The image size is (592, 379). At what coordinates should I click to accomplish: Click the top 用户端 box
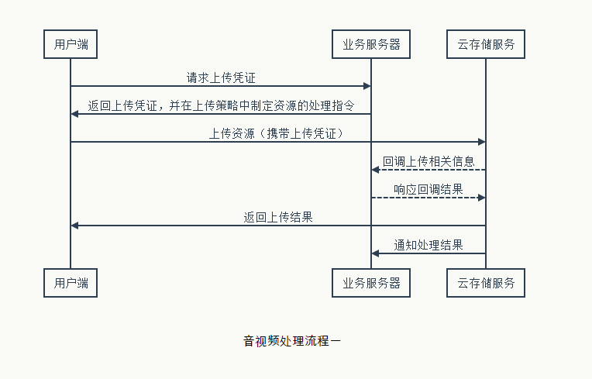coord(71,44)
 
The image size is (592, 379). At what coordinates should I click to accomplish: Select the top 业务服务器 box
coord(371,44)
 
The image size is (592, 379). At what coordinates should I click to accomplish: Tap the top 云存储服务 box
coord(486,44)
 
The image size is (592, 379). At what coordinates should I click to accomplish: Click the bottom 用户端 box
coord(71,283)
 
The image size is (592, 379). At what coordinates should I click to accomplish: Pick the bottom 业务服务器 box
coord(371,283)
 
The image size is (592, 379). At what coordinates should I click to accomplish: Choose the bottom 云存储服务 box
coord(486,283)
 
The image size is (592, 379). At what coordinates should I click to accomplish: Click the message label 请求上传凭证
coord(220,78)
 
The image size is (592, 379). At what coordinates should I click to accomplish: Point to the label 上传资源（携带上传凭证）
coord(277,133)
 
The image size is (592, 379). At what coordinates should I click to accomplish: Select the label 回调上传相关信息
coord(429,161)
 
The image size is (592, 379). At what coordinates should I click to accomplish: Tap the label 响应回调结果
coord(429,189)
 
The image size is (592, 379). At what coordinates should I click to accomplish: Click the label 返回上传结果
coord(278,217)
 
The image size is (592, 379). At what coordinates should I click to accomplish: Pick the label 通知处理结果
coord(429,245)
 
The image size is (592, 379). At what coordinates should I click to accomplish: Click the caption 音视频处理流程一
coord(292,340)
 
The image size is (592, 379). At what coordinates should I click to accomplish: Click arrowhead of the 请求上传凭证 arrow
coord(367,86)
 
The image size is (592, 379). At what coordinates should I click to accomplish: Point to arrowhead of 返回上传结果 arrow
coord(74,226)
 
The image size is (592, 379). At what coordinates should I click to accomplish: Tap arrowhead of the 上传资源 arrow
coord(481,142)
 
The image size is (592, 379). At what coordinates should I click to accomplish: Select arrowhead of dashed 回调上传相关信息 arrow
coord(376,170)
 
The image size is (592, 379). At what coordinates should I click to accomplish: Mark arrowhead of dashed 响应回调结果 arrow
coord(481,198)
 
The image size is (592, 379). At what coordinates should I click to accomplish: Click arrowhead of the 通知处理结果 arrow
coord(376,253)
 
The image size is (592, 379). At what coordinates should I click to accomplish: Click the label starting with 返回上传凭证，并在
coord(221,105)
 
